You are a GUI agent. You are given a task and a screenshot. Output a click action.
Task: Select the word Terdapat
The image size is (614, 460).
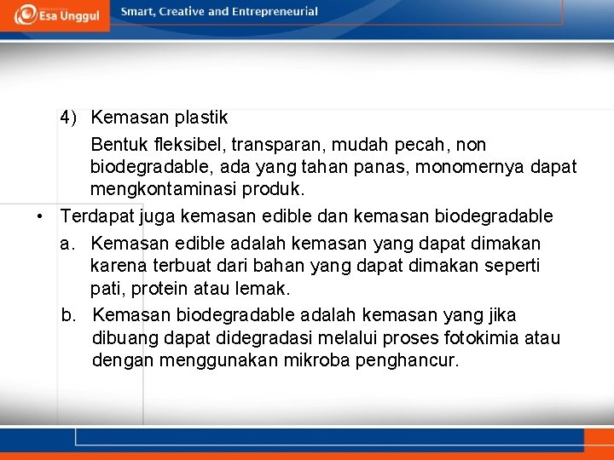point(96,216)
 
